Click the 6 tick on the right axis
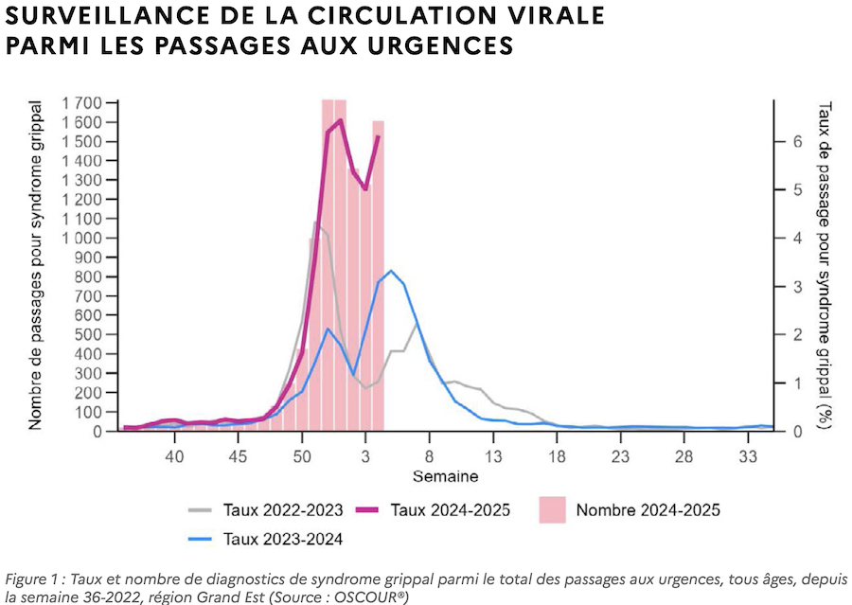(x=798, y=141)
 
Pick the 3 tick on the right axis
(x=798, y=286)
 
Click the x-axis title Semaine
(x=445, y=475)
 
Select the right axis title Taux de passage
(x=825, y=265)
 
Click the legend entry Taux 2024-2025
(x=450, y=510)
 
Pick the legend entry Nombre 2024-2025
(x=648, y=510)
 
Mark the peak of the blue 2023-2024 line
(x=391, y=271)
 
